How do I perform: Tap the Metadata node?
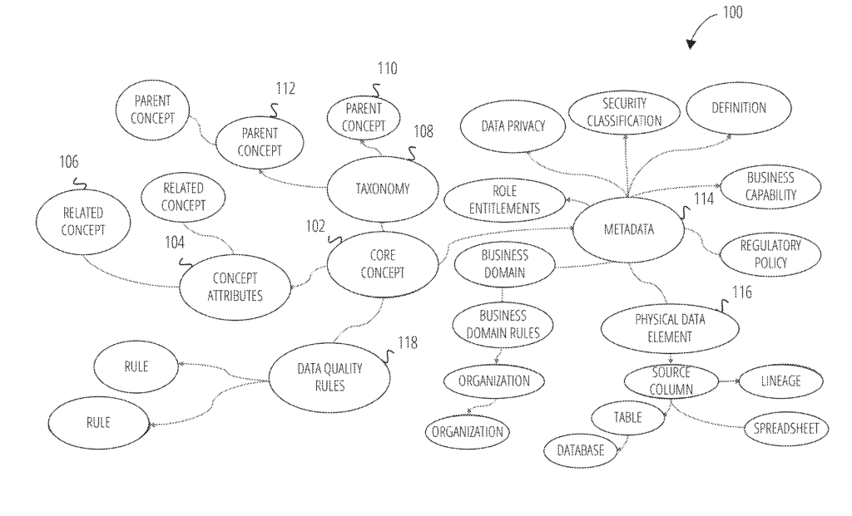[629, 229]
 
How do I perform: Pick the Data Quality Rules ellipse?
[320, 376]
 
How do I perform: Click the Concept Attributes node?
[235, 287]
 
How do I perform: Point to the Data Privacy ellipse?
[513, 126]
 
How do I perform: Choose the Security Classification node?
[624, 113]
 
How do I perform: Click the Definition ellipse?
[738, 108]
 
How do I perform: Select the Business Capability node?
[770, 186]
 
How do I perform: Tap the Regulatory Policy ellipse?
[770, 254]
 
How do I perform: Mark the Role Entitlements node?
[504, 199]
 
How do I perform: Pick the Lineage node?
[780, 381]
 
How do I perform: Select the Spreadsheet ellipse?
[785, 429]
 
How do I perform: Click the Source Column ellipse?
[671, 381]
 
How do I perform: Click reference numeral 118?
[408, 342]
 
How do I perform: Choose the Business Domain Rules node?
[503, 324]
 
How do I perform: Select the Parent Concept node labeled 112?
[260, 142]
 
